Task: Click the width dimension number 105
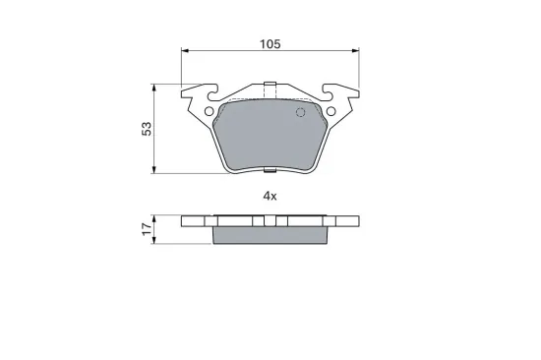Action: click(x=270, y=43)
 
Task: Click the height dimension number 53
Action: click(x=147, y=129)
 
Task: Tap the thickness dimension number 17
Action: click(x=147, y=228)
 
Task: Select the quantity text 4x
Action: click(x=270, y=196)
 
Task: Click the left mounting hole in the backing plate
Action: click(x=209, y=111)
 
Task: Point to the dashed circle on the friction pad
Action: click(x=302, y=112)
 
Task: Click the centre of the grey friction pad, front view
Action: click(x=270, y=133)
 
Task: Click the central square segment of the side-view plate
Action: click(x=270, y=221)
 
